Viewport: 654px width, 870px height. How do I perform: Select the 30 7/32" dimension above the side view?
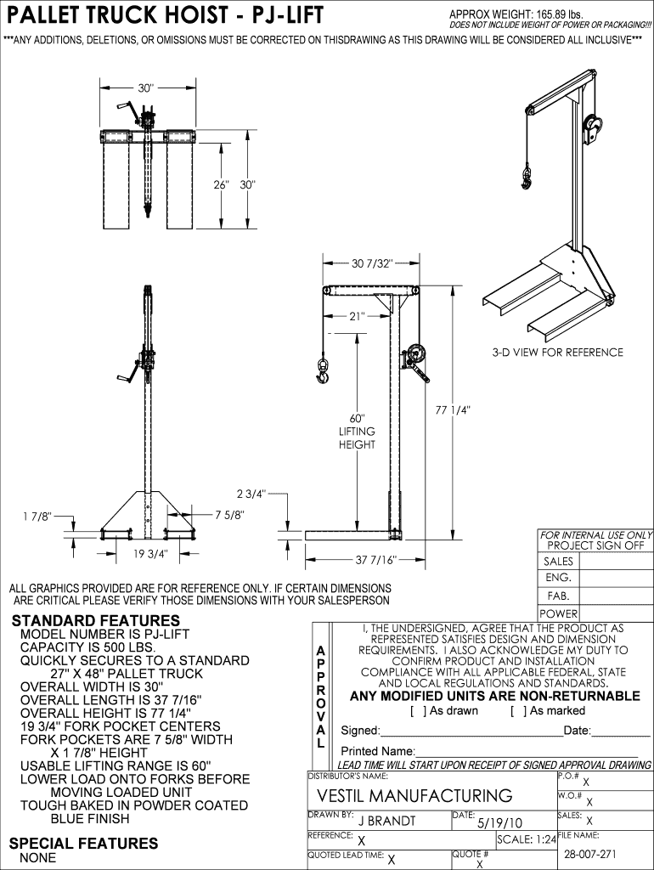point(372,263)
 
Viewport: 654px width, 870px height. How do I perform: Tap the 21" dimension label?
point(357,316)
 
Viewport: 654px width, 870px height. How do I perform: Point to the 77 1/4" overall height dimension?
point(453,410)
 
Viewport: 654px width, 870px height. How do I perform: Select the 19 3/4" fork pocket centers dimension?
point(151,553)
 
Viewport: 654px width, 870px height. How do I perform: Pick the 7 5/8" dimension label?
point(229,514)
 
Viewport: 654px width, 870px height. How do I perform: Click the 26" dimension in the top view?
point(222,184)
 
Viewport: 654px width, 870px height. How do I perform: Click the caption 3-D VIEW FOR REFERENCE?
point(557,353)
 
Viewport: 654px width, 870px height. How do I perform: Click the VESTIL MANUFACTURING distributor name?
point(414,796)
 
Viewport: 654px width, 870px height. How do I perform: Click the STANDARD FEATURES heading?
point(83,620)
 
